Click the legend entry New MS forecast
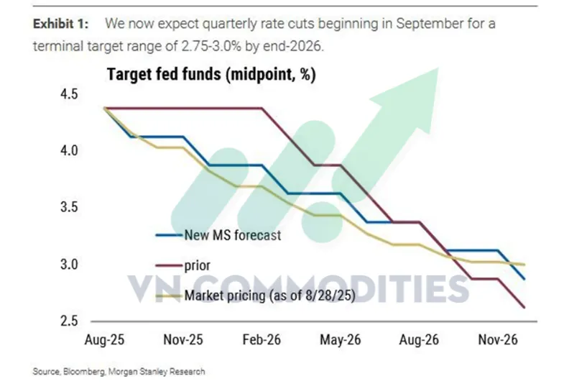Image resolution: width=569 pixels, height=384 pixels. [231, 234]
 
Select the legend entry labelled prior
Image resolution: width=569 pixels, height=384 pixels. [198, 265]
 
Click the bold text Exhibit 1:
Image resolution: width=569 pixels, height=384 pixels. [61, 24]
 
